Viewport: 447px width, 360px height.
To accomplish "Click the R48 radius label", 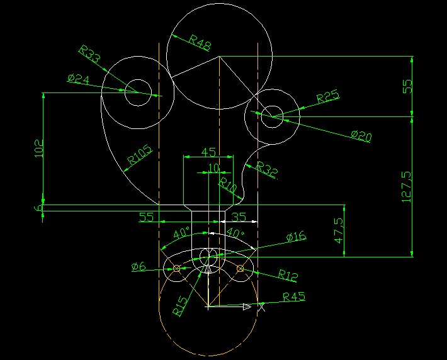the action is (200, 43).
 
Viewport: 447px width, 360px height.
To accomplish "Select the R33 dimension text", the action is (89, 53).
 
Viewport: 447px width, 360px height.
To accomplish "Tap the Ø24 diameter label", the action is (79, 79).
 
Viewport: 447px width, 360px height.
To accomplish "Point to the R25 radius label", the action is (328, 96).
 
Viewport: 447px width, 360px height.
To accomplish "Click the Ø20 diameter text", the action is (361, 136).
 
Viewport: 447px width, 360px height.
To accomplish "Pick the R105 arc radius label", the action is (140, 155).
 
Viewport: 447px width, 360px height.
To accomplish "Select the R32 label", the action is (267, 169).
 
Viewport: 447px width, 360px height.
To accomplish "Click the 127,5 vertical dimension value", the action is (407, 187).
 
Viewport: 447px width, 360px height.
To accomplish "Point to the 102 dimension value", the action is (38, 149).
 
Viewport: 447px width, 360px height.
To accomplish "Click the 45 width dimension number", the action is (208, 152).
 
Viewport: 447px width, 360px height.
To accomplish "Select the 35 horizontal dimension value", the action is (239, 217).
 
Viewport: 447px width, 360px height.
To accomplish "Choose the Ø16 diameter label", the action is (296, 237).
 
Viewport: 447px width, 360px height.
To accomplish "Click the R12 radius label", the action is (288, 275).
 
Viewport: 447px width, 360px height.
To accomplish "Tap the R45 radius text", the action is (294, 297).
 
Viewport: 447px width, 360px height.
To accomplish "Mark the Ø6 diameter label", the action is (139, 267).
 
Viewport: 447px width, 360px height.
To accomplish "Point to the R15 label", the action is (181, 307).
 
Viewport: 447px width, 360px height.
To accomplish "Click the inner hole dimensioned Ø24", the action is (138, 79).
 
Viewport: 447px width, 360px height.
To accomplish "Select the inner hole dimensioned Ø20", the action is (272, 106).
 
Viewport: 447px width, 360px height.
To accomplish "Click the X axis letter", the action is (261, 307).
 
